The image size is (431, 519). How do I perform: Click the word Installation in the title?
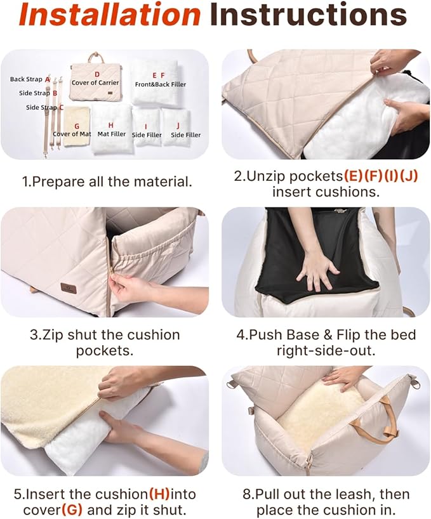[110, 15]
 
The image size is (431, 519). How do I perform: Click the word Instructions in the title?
[308, 15]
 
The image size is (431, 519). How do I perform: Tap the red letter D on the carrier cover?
[96, 74]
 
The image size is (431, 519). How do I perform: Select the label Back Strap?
[26, 79]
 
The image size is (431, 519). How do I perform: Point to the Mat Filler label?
[112, 134]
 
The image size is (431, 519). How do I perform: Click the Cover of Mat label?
[72, 134]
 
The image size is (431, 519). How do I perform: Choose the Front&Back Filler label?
[161, 84]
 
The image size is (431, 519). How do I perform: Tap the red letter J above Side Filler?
[178, 126]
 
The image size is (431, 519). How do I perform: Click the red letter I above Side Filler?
[146, 126]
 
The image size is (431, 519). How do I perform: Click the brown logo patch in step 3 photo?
[69, 288]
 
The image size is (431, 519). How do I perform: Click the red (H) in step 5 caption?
[159, 494]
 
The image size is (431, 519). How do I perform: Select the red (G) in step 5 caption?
[72, 509]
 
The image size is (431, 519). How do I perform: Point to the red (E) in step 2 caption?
[353, 176]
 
